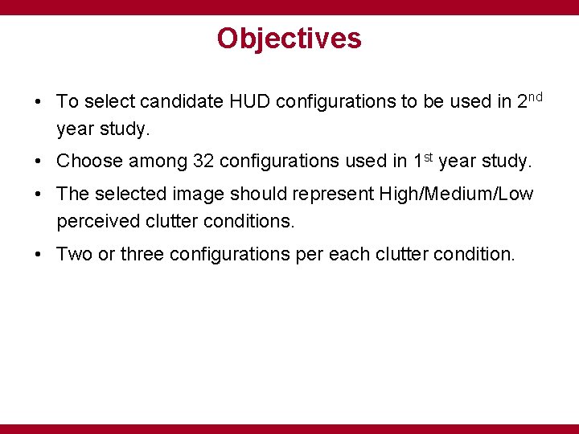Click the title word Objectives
pos(289,39)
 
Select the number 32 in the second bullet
pos(203,162)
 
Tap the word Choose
pos(89,162)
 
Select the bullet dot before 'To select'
pos(39,103)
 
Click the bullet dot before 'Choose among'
pos(39,162)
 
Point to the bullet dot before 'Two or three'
pos(39,256)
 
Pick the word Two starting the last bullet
pos(75,255)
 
